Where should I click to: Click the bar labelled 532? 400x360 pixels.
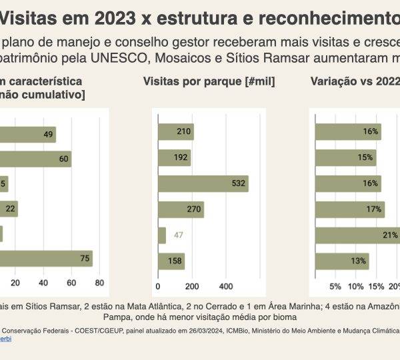point(203,184)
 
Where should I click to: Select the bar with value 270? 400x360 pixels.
point(181,209)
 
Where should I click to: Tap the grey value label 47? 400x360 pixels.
point(178,235)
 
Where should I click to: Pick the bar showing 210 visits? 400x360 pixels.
point(175,132)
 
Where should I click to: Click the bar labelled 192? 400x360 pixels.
point(174,158)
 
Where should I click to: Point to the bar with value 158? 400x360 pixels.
point(171,261)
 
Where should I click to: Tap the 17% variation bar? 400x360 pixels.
point(349,209)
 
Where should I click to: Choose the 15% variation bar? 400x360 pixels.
point(345,158)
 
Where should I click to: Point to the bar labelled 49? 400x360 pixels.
point(27,134)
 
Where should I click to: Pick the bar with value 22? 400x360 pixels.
point(9,209)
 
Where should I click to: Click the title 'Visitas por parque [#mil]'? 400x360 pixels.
point(209,82)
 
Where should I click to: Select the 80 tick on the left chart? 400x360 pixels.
point(99,283)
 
